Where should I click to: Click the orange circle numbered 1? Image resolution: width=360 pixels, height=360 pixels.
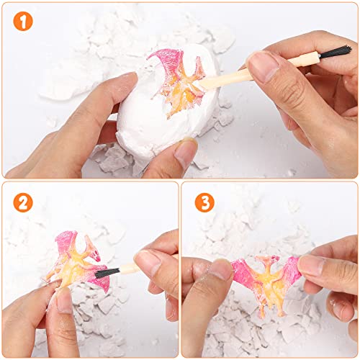(x=23, y=21)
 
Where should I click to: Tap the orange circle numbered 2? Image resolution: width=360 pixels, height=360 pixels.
(x=23, y=202)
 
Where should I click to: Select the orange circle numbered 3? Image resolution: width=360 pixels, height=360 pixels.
(x=204, y=202)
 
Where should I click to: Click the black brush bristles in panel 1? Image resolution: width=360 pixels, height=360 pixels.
(x=336, y=52)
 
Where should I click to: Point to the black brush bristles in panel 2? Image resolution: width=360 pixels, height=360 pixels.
(x=107, y=273)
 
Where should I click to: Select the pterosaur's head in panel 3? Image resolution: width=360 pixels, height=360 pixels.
(x=268, y=261)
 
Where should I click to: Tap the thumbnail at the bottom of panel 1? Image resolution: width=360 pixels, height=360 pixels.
(x=186, y=153)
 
